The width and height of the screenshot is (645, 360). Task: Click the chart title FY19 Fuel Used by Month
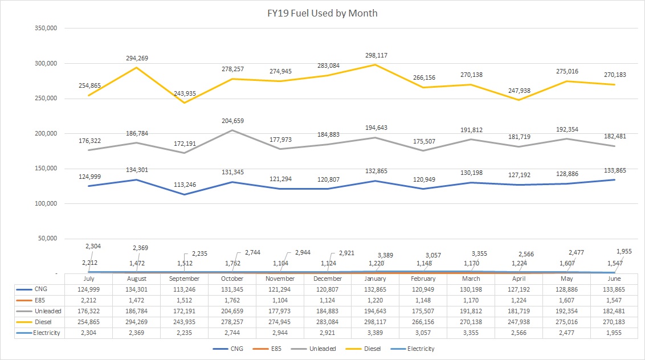pyautogui.click(x=323, y=13)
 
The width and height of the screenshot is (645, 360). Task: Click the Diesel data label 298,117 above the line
pyautogui.click(x=376, y=55)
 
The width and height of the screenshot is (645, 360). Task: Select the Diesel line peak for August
pyautogui.click(x=137, y=68)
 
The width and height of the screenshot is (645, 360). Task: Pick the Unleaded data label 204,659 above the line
pyautogui.click(x=232, y=121)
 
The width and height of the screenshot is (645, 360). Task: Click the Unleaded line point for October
pyautogui.click(x=232, y=130)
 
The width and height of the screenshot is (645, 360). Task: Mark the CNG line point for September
pyautogui.click(x=185, y=194)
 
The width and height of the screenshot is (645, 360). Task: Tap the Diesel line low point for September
pyautogui.click(x=185, y=103)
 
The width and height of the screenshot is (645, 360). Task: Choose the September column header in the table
pyautogui.click(x=185, y=279)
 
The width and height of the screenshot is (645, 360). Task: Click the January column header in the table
pyautogui.click(x=376, y=279)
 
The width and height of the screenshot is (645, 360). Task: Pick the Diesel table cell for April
pyautogui.click(x=519, y=322)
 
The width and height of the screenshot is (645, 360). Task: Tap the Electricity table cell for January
pyautogui.click(x=376, y=333)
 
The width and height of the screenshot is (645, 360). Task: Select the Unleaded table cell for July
pyautogui.click(x=89, y=311)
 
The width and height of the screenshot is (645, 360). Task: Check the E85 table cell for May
pyautogui.click(x=567, y=300)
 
